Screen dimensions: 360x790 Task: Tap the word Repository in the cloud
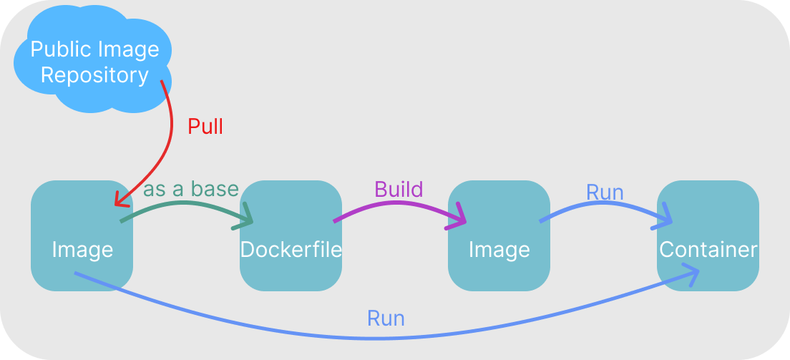[x=94, y=75]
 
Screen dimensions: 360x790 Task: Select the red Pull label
[x=205, y=127]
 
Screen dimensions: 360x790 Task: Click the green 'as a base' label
[x=190, y=190]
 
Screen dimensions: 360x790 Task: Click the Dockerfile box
[x=290, y=235]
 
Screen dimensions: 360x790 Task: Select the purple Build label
[x=399, y=190]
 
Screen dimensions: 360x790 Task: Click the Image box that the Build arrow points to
[x=499, y=235]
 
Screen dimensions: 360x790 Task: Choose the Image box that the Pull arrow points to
[x=82, y=235]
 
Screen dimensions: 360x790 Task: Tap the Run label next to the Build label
[x=605, y=193]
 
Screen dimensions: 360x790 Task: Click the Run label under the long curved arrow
[x=386, y=318]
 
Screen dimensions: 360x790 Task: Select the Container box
[x=707, y=235]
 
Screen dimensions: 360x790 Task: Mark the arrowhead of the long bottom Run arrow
[x=692, y=274]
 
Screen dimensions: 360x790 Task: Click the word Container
[x=708, y=250]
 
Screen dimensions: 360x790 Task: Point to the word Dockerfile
[x=291, y=250]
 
